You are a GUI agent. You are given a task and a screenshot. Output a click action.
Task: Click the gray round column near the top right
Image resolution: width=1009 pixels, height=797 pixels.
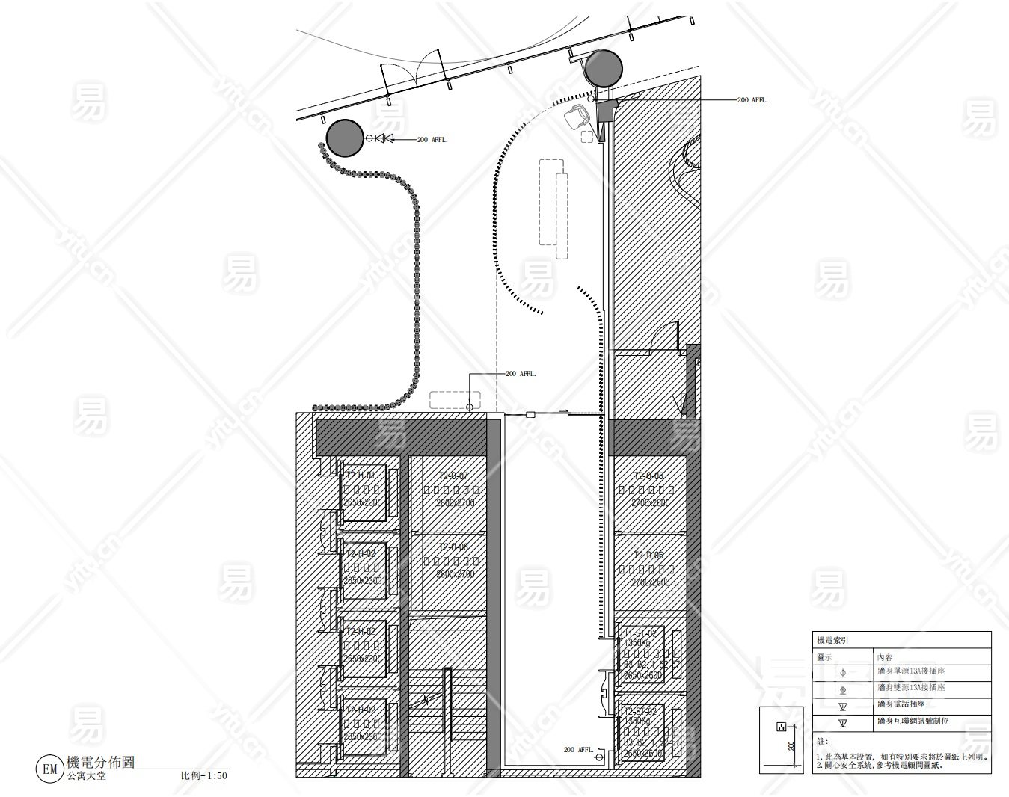pos(603,68)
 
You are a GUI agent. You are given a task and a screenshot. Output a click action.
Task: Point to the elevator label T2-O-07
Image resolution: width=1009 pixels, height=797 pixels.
pos(453,476)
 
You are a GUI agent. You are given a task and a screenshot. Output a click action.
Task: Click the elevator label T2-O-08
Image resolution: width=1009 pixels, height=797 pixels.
pos(453,547)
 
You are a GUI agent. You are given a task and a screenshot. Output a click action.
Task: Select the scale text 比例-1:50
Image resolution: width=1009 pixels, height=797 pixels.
pos(203,776)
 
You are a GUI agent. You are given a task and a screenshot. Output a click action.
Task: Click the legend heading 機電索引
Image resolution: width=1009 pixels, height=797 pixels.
pos(832,641)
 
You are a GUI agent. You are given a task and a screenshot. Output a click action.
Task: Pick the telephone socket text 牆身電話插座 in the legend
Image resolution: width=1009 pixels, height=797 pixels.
pos(901,704)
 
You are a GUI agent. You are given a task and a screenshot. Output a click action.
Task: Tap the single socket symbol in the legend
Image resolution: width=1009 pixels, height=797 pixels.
pos(843,672)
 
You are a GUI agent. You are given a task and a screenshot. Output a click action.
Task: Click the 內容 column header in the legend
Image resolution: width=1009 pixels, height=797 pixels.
pos(885,656)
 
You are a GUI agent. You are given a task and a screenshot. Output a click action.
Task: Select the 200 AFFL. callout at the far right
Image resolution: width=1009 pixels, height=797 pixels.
pos(752,100)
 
